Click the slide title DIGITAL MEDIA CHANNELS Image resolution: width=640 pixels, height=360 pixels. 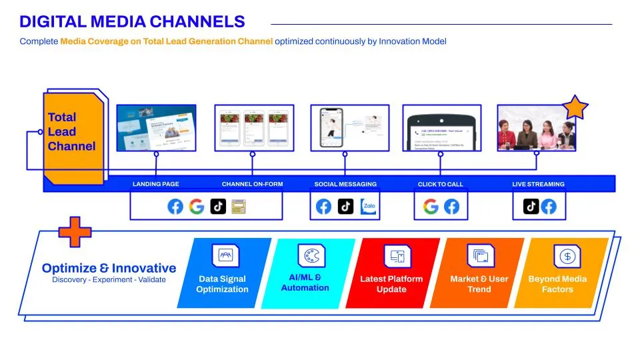tap(132, 22)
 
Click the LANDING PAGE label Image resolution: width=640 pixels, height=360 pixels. tap(156, 184)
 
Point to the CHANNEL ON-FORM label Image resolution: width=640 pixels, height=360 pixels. tap(252, 184)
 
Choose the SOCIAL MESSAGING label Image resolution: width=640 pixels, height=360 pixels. tap(345, 184)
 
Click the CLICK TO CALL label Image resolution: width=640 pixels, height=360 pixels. tap(440, 184)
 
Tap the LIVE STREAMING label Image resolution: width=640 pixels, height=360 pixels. tap(538, 184)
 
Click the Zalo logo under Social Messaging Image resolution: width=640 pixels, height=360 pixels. tap(369, 207)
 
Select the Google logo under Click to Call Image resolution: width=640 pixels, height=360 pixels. tap(431, 207)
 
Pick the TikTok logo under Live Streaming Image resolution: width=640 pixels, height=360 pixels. tap(531, 207)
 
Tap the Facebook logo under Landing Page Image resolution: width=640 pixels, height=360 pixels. tap(175, 207)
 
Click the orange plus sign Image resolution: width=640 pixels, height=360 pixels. tap(75, 231)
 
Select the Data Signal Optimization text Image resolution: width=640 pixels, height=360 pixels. tap(222, 284)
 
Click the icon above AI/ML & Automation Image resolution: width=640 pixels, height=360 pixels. tap(310, 256)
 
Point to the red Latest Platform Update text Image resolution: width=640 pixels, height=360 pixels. tap(391, 284)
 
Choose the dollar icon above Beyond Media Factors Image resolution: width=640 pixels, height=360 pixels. tap(567, 256)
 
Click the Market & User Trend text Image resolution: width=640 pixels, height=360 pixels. tap(479, 284)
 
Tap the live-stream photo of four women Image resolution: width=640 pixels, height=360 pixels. tap(536, 127)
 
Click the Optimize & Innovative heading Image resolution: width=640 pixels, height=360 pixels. tap(109, 268)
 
